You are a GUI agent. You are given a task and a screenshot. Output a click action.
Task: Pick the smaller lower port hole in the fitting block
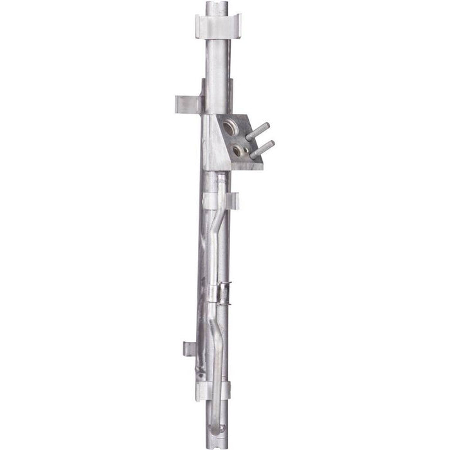coord(239,152)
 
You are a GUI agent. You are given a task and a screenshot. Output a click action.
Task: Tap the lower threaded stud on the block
coord(264,148)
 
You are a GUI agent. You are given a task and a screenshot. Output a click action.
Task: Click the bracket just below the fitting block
coord(221,200)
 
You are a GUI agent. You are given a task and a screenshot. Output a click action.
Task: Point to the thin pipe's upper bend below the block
coord(218,222)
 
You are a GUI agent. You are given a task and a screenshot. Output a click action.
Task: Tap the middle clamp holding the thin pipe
coord(221,292)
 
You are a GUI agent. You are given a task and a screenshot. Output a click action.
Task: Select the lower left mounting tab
coord(188,351)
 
